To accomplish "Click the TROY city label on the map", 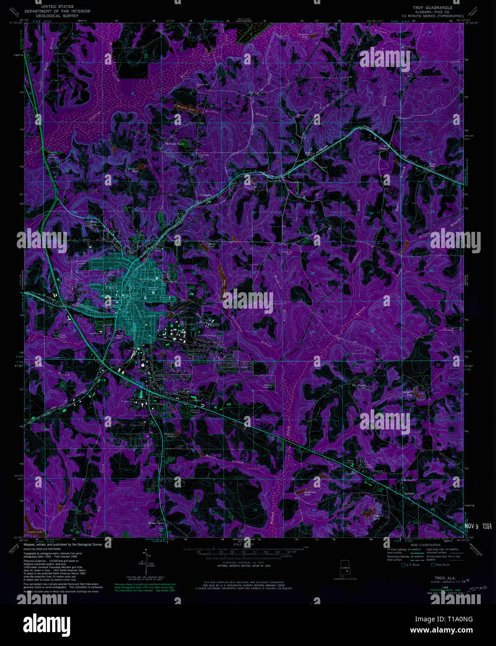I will [x=111, y=288].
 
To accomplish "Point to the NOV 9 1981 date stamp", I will [x=478, y=527].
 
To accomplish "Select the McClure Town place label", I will [x=175, y=144].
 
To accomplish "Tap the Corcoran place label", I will [x=206, y=195].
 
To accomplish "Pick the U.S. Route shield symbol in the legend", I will [x=404, y=565].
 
